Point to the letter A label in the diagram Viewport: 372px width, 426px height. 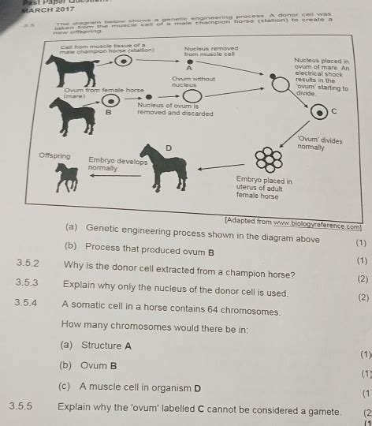point(188,69)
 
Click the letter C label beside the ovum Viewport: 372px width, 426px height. point(333,111)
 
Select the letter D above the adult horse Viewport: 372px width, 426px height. point(168,148)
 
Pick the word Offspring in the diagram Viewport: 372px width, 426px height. point(54,155)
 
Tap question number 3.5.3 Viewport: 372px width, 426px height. point(28,293)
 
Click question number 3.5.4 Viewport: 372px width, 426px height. point(28,312)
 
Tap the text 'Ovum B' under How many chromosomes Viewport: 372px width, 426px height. point(99,365)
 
